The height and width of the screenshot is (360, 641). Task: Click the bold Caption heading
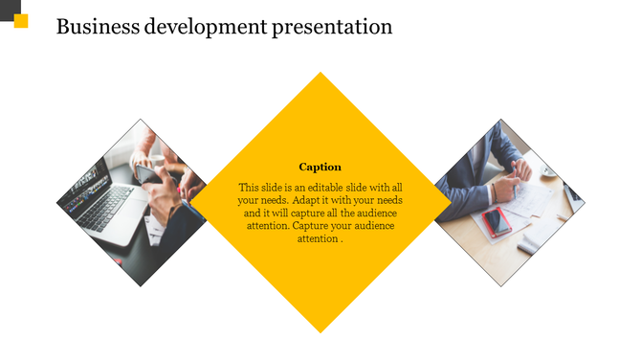point(320,167)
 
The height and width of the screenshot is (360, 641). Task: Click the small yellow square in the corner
point(22,21)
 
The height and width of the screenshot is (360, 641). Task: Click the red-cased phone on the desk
point(497,222)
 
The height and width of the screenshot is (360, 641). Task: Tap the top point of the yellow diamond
point(320,75)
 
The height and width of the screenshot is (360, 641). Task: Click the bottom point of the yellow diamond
point(320,330)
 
